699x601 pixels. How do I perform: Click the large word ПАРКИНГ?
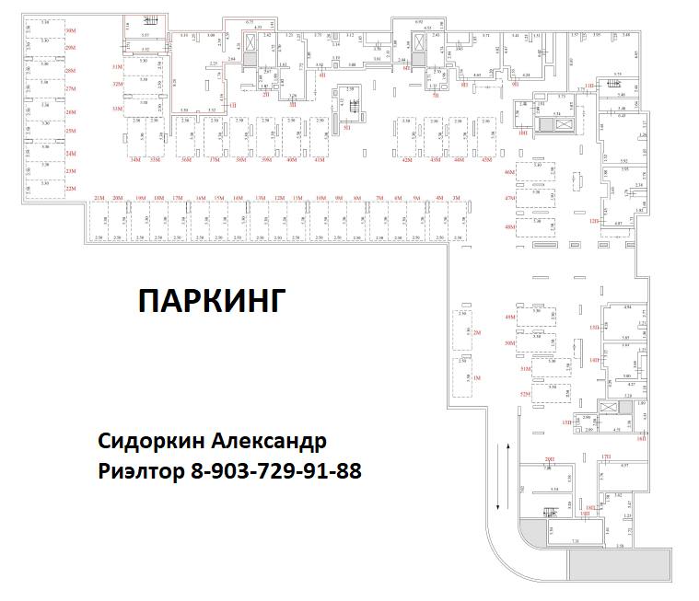click(x=208, y=300)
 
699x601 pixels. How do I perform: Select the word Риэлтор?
click(x=139, y=470)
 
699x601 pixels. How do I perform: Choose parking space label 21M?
click(x=99, y=198)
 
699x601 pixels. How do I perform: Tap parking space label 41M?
click(x=320, y=160)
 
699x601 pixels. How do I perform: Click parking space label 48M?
click(x=509, y=225)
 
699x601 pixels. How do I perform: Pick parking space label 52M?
click(x=525, y=393)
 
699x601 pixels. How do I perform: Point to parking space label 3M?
click(x=457, y=198)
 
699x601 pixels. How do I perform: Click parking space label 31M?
click(x=117, y=67)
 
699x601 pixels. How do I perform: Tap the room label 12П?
click(x=595, y=221)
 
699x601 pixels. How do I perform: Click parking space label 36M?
click(x=185, y=160)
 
